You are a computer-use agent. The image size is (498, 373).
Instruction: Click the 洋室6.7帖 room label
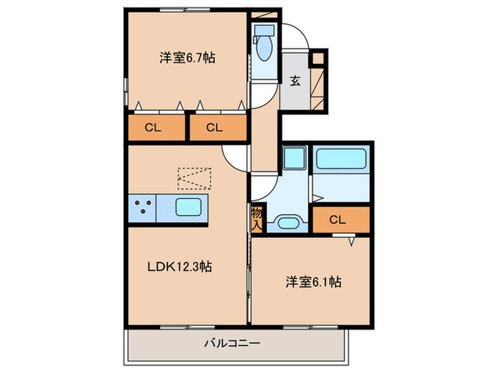pyautogui.click(x=187, y=58)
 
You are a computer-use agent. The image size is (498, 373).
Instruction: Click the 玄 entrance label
pyautogui.click(x=295, y=80)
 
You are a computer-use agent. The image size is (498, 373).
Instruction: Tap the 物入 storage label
pyautogui.click(x=257, y=217)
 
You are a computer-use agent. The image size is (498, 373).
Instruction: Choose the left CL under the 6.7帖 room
pyautogui.click(x=152, y=128)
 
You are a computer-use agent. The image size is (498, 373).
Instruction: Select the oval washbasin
pyautogui.click(x=287, y=223)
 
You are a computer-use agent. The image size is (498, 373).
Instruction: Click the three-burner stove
pyautogui.click(x=142, y=207)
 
